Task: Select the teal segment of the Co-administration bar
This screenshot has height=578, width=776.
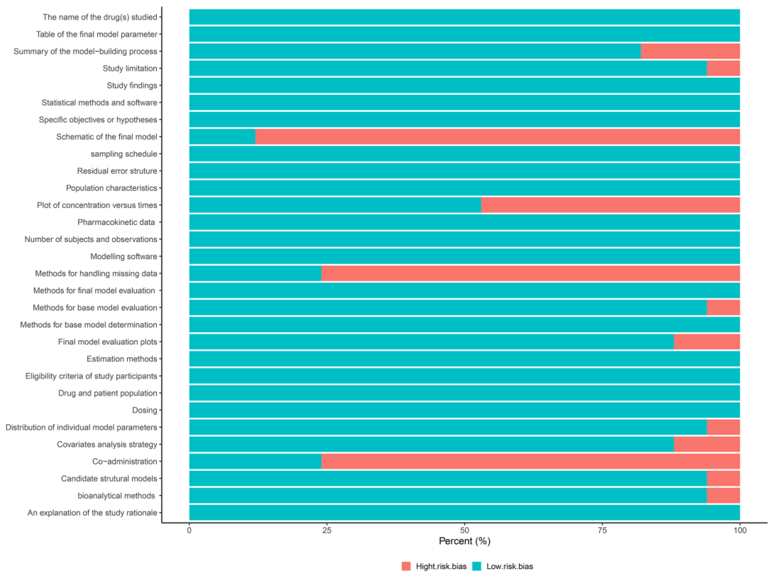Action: coord(255,461)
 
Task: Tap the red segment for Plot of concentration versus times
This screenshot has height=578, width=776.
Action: coord(610,205)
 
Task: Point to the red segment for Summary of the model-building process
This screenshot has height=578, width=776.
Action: coord(690,51)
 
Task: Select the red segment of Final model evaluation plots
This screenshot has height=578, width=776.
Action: coord(706,341)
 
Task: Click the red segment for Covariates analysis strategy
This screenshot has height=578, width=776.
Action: coord(706,444)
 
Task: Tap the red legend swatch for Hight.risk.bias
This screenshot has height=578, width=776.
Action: coord(406,566)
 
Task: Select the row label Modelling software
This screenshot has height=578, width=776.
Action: coord(123,256)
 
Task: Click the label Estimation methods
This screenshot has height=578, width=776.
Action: coord(122,359)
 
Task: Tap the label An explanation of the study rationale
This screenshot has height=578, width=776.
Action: coord(92,512)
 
